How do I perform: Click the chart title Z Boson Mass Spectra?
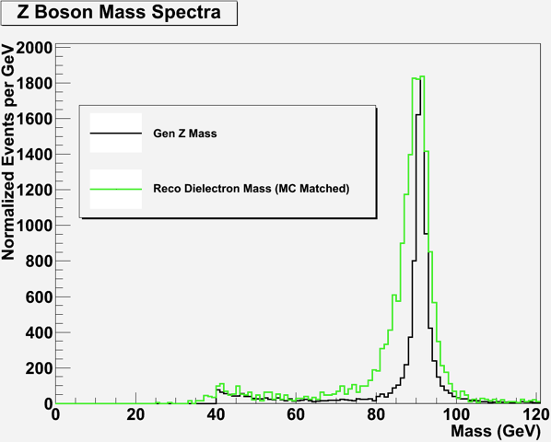119,13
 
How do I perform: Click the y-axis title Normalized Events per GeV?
7,152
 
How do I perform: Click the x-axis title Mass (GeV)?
495,431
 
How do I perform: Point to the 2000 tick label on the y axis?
34,48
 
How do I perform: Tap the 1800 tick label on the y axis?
34,83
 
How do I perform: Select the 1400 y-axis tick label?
34,155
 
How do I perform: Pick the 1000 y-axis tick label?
34,226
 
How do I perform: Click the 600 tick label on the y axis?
39,297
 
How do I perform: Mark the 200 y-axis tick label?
39,368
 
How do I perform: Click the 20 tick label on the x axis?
135,415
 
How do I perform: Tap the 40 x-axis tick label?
216,415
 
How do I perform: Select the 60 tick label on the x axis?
296,415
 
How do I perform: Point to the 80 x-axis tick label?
376,415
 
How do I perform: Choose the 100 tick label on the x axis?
456,415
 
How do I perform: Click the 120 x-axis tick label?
536,415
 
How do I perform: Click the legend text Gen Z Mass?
185,134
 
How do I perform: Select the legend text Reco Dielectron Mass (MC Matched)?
252,189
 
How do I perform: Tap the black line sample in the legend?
116,133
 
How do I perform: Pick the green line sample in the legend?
116,189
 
